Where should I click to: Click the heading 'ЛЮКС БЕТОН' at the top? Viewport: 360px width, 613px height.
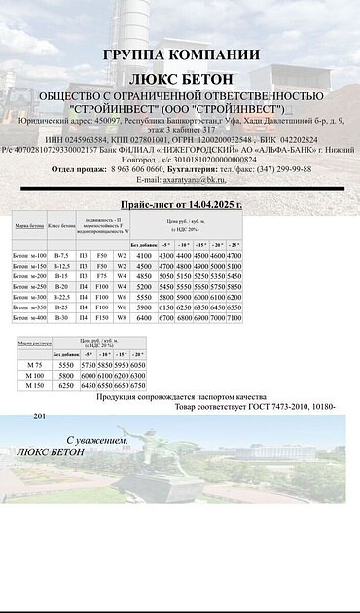click(x=181, y=75)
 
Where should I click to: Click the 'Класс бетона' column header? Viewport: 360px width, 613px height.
click(x=61, y=225)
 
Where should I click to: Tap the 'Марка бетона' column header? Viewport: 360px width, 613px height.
click(x=28, y=225)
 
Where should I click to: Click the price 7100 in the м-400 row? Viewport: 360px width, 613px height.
click(x=234, y=317)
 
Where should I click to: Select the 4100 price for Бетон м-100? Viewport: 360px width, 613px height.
click(x=146, y=255)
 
